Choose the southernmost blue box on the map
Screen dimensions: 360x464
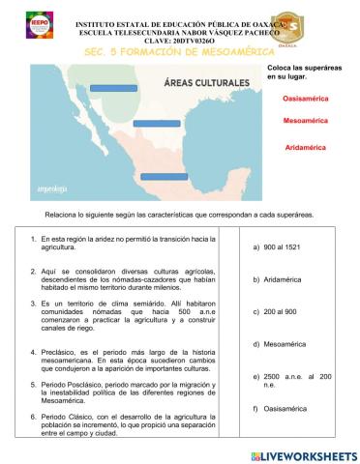coord(164,176)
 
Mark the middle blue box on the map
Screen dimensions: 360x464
coord(157,123)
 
